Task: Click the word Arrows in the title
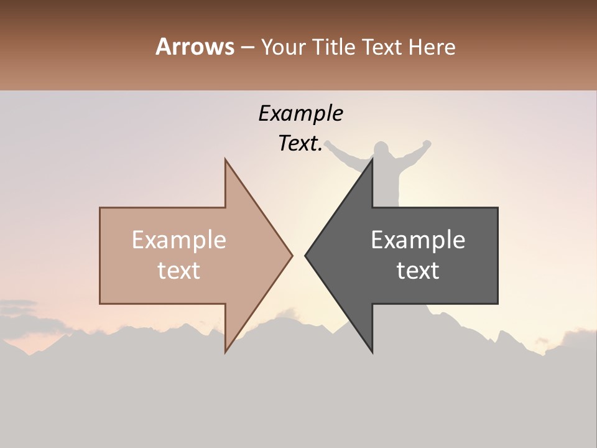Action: point(195,47)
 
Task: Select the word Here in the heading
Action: point(432,47)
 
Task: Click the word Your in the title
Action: point(284,47)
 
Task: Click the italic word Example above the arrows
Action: point(300,113)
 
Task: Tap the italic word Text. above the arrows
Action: point(300,144)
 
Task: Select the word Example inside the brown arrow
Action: point(179,240)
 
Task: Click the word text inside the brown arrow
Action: point(179,270)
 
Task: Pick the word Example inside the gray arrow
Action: point(418,240)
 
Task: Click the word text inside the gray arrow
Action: point(418,270)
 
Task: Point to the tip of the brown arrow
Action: point(292,255)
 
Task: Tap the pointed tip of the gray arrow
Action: point(306,255)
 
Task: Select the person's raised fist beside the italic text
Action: point(328,144)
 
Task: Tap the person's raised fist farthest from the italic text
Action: point(427,144)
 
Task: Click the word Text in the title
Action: point(382,47)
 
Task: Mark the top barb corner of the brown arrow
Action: point(226,160)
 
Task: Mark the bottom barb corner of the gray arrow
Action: point(372,352)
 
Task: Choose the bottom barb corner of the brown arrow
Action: point(226,352)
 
